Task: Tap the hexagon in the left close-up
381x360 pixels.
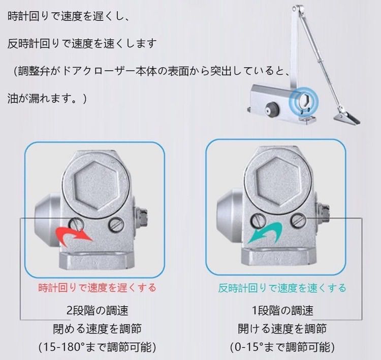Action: tap(96, 186)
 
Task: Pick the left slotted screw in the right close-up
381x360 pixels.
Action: tap(258, 220)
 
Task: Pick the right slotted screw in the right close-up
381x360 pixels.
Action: tap(298, 220)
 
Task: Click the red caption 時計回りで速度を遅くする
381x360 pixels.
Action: tap(97, 288)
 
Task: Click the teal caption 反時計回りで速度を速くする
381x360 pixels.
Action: tap(282, 288)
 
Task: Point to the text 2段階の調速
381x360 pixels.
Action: tap(97, 310)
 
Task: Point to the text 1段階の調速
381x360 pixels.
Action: tap(282, 310)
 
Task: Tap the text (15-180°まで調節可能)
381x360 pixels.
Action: tap(97, 347)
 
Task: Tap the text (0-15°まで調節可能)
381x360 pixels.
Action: tap(282, 347)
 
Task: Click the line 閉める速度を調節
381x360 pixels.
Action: tap(97, 329)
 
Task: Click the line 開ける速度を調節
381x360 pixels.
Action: tap(282, 329)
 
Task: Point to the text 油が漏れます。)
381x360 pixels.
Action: tap(47, 99)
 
